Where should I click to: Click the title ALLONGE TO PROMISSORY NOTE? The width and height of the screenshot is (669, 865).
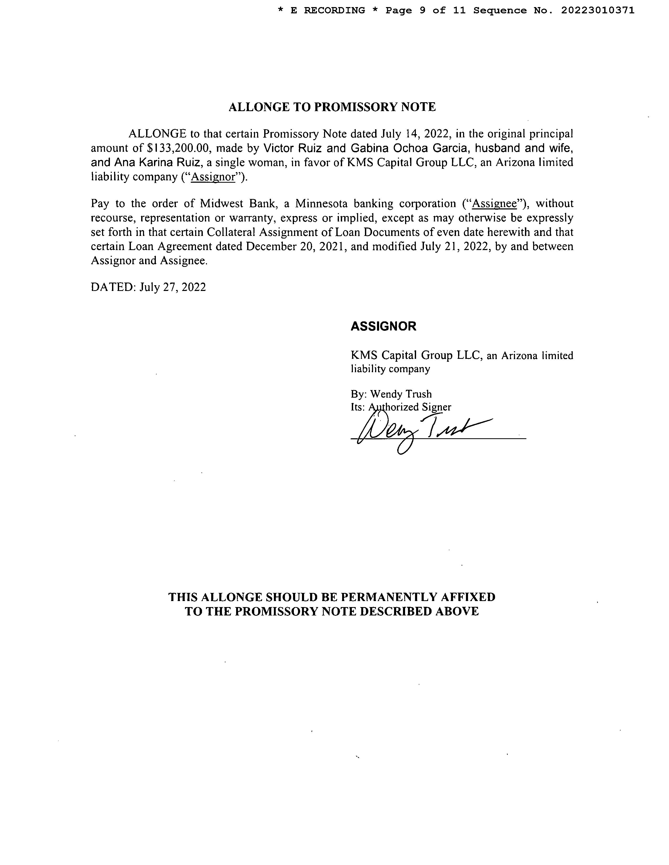click(332, 107)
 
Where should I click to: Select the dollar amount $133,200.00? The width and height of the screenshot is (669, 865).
click(178, 148)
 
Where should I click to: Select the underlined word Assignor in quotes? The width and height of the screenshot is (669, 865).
click(213, 177)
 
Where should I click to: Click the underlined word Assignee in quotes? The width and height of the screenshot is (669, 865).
click(495, 204)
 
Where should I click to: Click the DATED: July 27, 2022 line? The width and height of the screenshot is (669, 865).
click(148, 287)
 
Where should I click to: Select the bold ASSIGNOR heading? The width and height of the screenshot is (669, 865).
click(383, 326)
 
